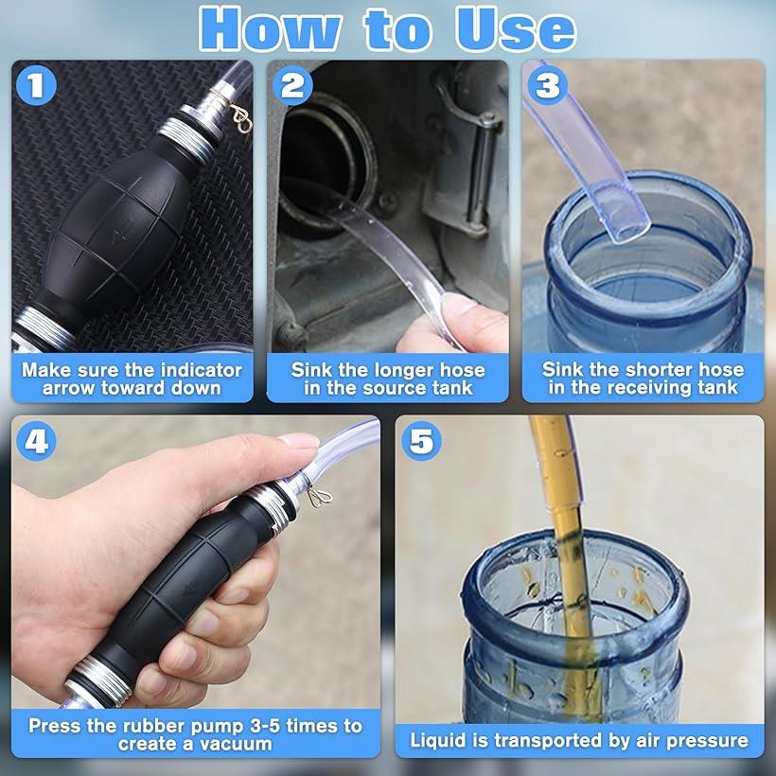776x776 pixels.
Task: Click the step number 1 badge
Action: click(x=36, y=85)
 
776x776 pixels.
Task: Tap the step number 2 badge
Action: click(x=292, y=85)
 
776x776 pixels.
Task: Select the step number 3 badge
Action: click(x=547, y=84)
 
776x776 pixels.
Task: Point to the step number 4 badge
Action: click(x=36, y=440)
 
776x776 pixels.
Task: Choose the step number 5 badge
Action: click(x=421, y=440)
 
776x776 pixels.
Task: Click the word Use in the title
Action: click(x=516, y=29)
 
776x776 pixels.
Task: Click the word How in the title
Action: click(x=270, y=29)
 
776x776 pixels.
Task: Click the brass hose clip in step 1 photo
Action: click(x=241, y=119)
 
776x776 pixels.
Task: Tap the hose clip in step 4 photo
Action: click(x=318, y=497)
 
